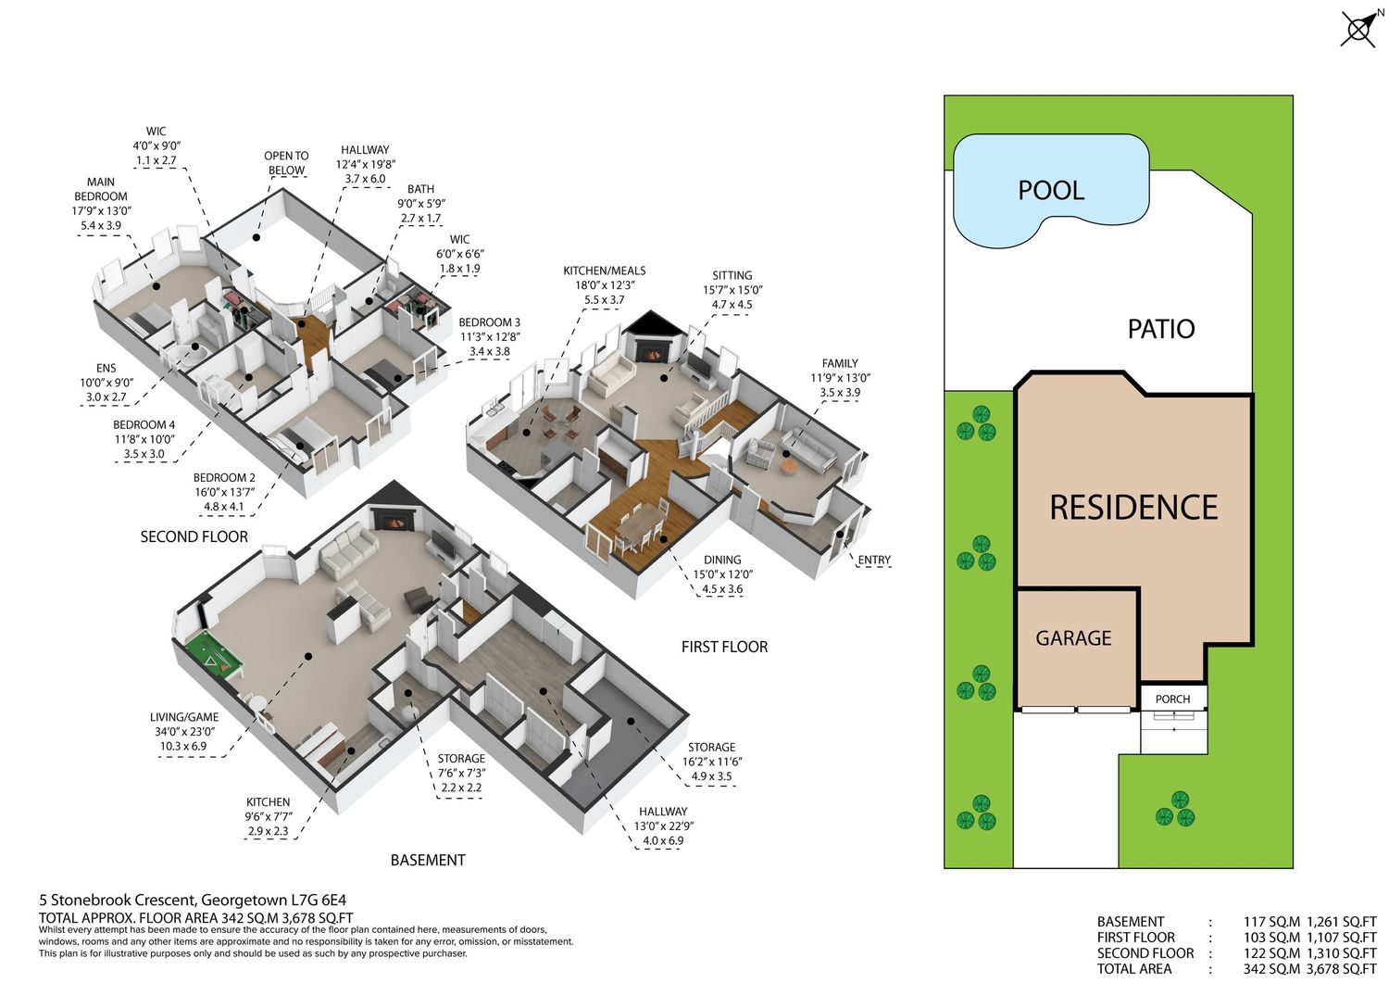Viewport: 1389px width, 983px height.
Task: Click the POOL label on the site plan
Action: pos(1051,190)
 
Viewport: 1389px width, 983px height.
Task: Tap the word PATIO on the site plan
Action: pos(1161,329)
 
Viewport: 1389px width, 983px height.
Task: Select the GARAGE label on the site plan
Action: pos(1073,638)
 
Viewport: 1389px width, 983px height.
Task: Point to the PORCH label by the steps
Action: pos(1172,699)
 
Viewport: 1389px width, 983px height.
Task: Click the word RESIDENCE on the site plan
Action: pos(1133,507)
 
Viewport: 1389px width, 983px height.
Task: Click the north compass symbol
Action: pos(1360,28)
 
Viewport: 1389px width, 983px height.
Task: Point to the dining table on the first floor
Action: pos(640,526)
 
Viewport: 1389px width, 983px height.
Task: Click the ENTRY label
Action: pos(874,560)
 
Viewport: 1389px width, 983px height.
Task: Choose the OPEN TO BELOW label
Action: pos(286,162)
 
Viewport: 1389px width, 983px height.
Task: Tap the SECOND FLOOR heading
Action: pos(194,536)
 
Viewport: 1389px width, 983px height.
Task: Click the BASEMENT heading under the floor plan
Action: pos(428,860)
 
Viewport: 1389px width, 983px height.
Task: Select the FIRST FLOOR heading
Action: pos(724,647)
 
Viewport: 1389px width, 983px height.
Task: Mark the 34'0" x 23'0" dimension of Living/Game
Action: pos(184,732)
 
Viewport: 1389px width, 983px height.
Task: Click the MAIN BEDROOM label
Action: pos(100,189)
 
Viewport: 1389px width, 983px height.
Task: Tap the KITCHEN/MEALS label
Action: pos(604,271)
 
